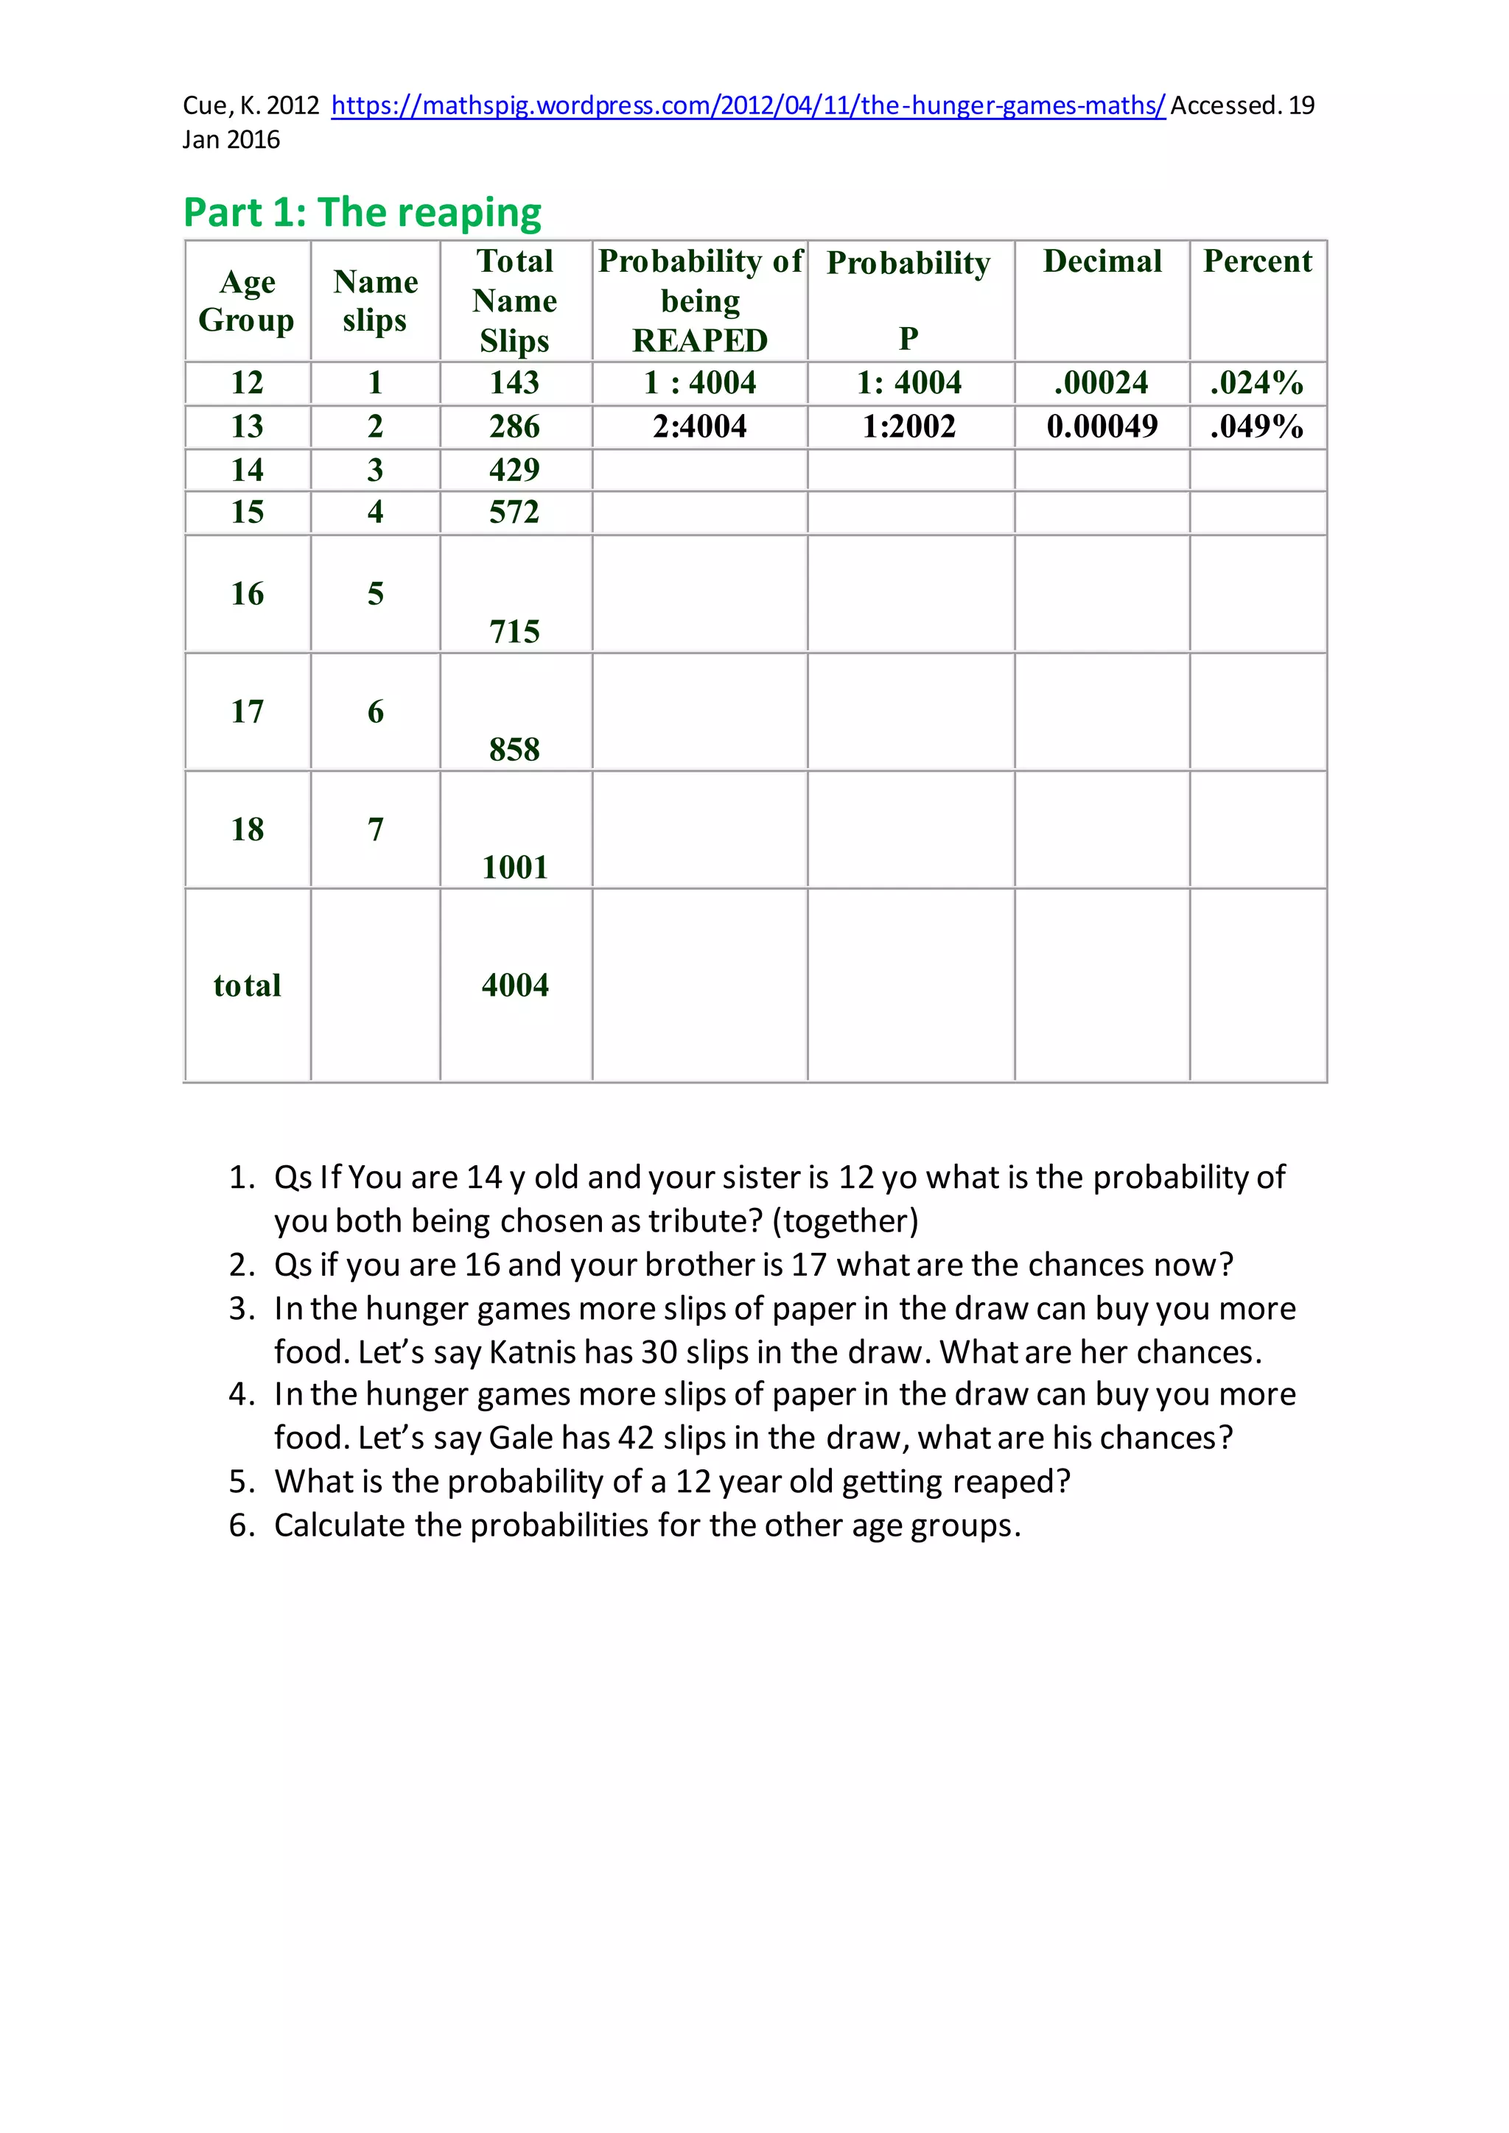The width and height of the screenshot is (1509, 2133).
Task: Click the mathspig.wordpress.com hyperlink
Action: coord(748,106)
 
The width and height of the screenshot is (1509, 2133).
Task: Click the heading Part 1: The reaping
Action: coord(363,213)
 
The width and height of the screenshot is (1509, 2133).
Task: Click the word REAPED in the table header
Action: coord(700,340)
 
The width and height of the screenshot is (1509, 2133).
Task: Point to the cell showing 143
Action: coord(515,382)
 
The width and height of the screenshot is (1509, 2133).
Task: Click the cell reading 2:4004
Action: coord(700,426)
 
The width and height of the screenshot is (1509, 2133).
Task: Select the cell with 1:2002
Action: coord(908,426)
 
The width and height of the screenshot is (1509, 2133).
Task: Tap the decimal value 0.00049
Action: coord(1102,426)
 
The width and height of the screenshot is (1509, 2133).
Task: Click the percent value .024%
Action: coord(1256,382)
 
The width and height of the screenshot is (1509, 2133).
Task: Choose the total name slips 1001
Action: coord(515,867)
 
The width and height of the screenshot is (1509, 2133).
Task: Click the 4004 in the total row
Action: coord(515,985)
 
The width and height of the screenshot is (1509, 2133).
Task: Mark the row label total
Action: coord(247,985)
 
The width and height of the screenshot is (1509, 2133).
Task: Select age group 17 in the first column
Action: coord(247,711)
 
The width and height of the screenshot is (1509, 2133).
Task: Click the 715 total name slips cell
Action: coord(515,632)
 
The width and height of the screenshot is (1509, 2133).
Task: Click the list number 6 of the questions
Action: coord(242,1525)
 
